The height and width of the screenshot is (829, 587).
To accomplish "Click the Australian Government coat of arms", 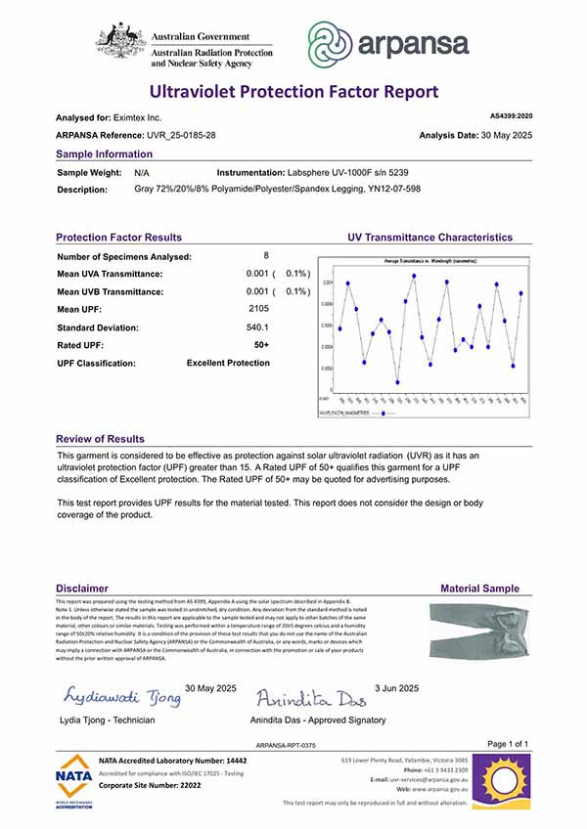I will click(120, 42).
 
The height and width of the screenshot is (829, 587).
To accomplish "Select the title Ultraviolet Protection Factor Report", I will click(293, 93).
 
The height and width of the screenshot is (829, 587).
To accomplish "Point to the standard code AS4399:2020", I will click(509, 115).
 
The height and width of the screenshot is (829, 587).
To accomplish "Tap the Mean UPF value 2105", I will click(258, 309).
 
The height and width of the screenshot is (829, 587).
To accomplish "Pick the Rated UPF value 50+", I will click(261, 345).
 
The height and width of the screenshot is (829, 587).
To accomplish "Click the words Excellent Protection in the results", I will click(228, 363).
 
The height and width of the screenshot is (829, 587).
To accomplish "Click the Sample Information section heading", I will click(104, 154).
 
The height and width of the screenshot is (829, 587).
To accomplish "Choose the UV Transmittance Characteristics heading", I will click(429, 238).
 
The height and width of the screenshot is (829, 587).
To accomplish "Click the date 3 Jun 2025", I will click(396, 688).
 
